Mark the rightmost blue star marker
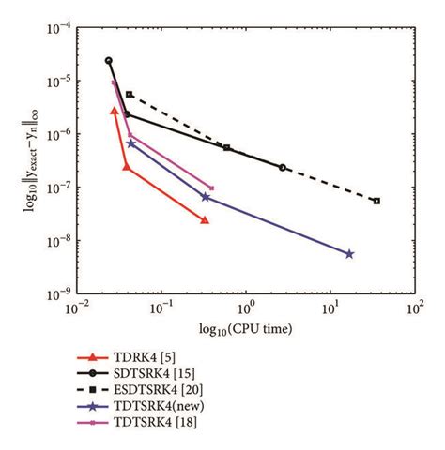pos(349,254)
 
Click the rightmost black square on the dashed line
pos(376,201)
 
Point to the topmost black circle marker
pos(109,60)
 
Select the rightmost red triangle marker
pos(205,220)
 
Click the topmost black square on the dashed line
pos(130,95)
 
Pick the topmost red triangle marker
pos(115,111)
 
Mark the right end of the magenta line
pos(211,188)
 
